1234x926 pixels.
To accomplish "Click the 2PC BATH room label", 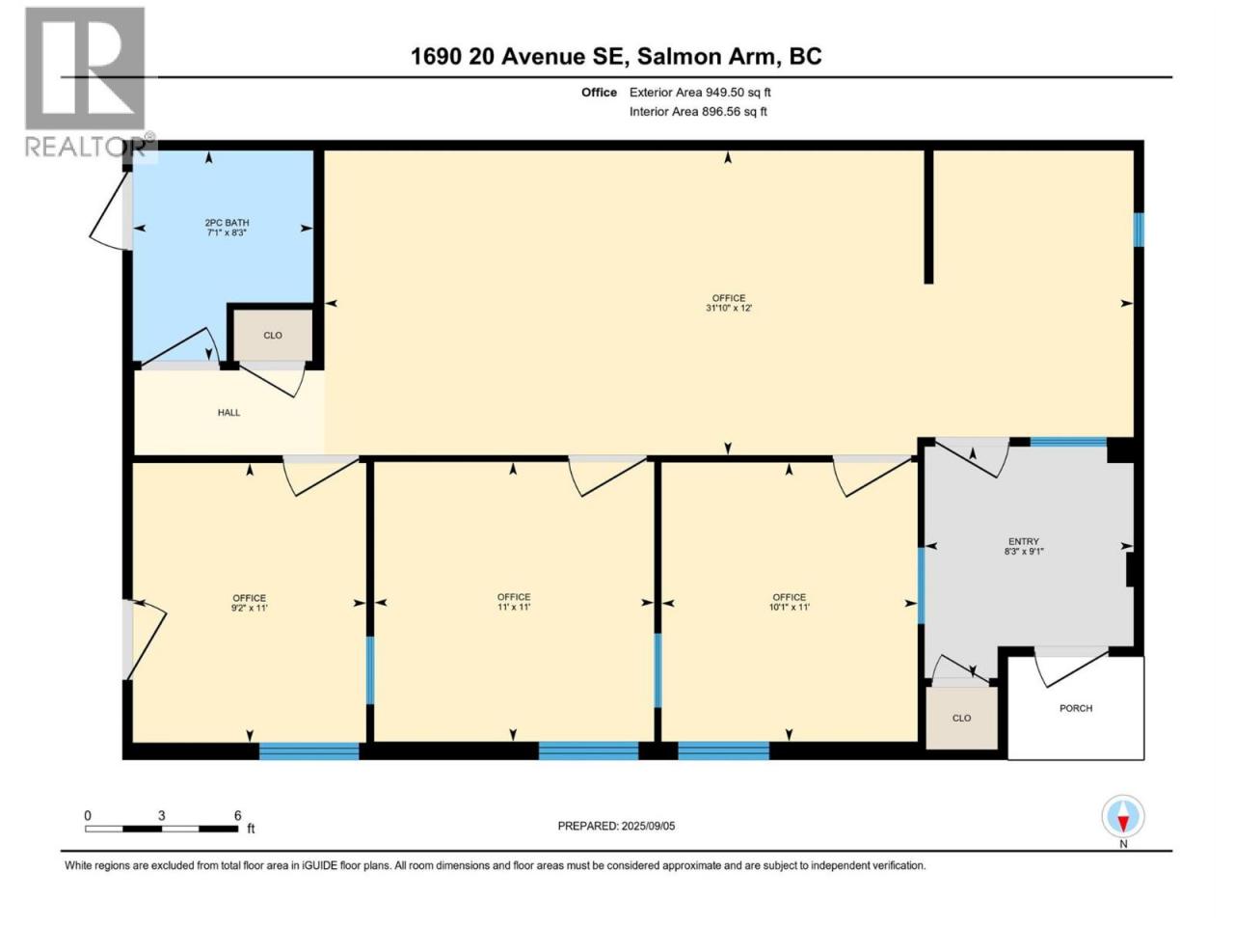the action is coord(227,223).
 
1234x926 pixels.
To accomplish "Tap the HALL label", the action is coord(228,413).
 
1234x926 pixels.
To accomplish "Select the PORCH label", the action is coord(1076,708).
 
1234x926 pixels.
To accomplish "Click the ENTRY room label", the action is coord(1023,541).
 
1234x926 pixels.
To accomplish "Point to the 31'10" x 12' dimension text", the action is coord(729,308).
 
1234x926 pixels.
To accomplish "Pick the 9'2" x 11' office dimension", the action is coord(249,608).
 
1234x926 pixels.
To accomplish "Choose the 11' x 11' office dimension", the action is coord(513,608).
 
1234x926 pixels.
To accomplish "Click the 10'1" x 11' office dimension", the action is coord(789,608).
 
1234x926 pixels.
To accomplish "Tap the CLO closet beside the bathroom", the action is coord(273,336).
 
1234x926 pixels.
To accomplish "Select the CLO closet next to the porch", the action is coord(961,718).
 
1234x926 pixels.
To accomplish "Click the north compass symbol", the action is coord(1123,816).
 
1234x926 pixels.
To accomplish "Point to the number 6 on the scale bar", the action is coord(238,815).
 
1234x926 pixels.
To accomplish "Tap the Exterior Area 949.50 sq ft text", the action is coord(700,93).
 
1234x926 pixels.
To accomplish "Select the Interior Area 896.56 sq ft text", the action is coord(698,111).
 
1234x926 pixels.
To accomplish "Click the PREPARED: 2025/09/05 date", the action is coord(616,826).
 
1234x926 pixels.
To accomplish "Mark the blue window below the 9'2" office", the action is coord(308,751).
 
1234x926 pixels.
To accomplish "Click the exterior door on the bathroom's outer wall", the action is coord(110,211).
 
